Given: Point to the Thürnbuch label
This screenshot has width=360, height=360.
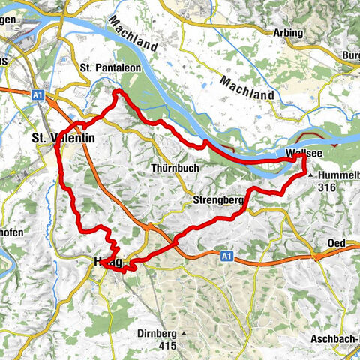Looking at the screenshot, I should [175, 168].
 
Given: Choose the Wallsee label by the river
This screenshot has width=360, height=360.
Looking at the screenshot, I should [304, 154].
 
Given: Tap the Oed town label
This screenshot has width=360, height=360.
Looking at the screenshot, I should [337, 244].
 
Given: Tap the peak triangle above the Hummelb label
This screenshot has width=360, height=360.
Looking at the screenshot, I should [311, 173].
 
